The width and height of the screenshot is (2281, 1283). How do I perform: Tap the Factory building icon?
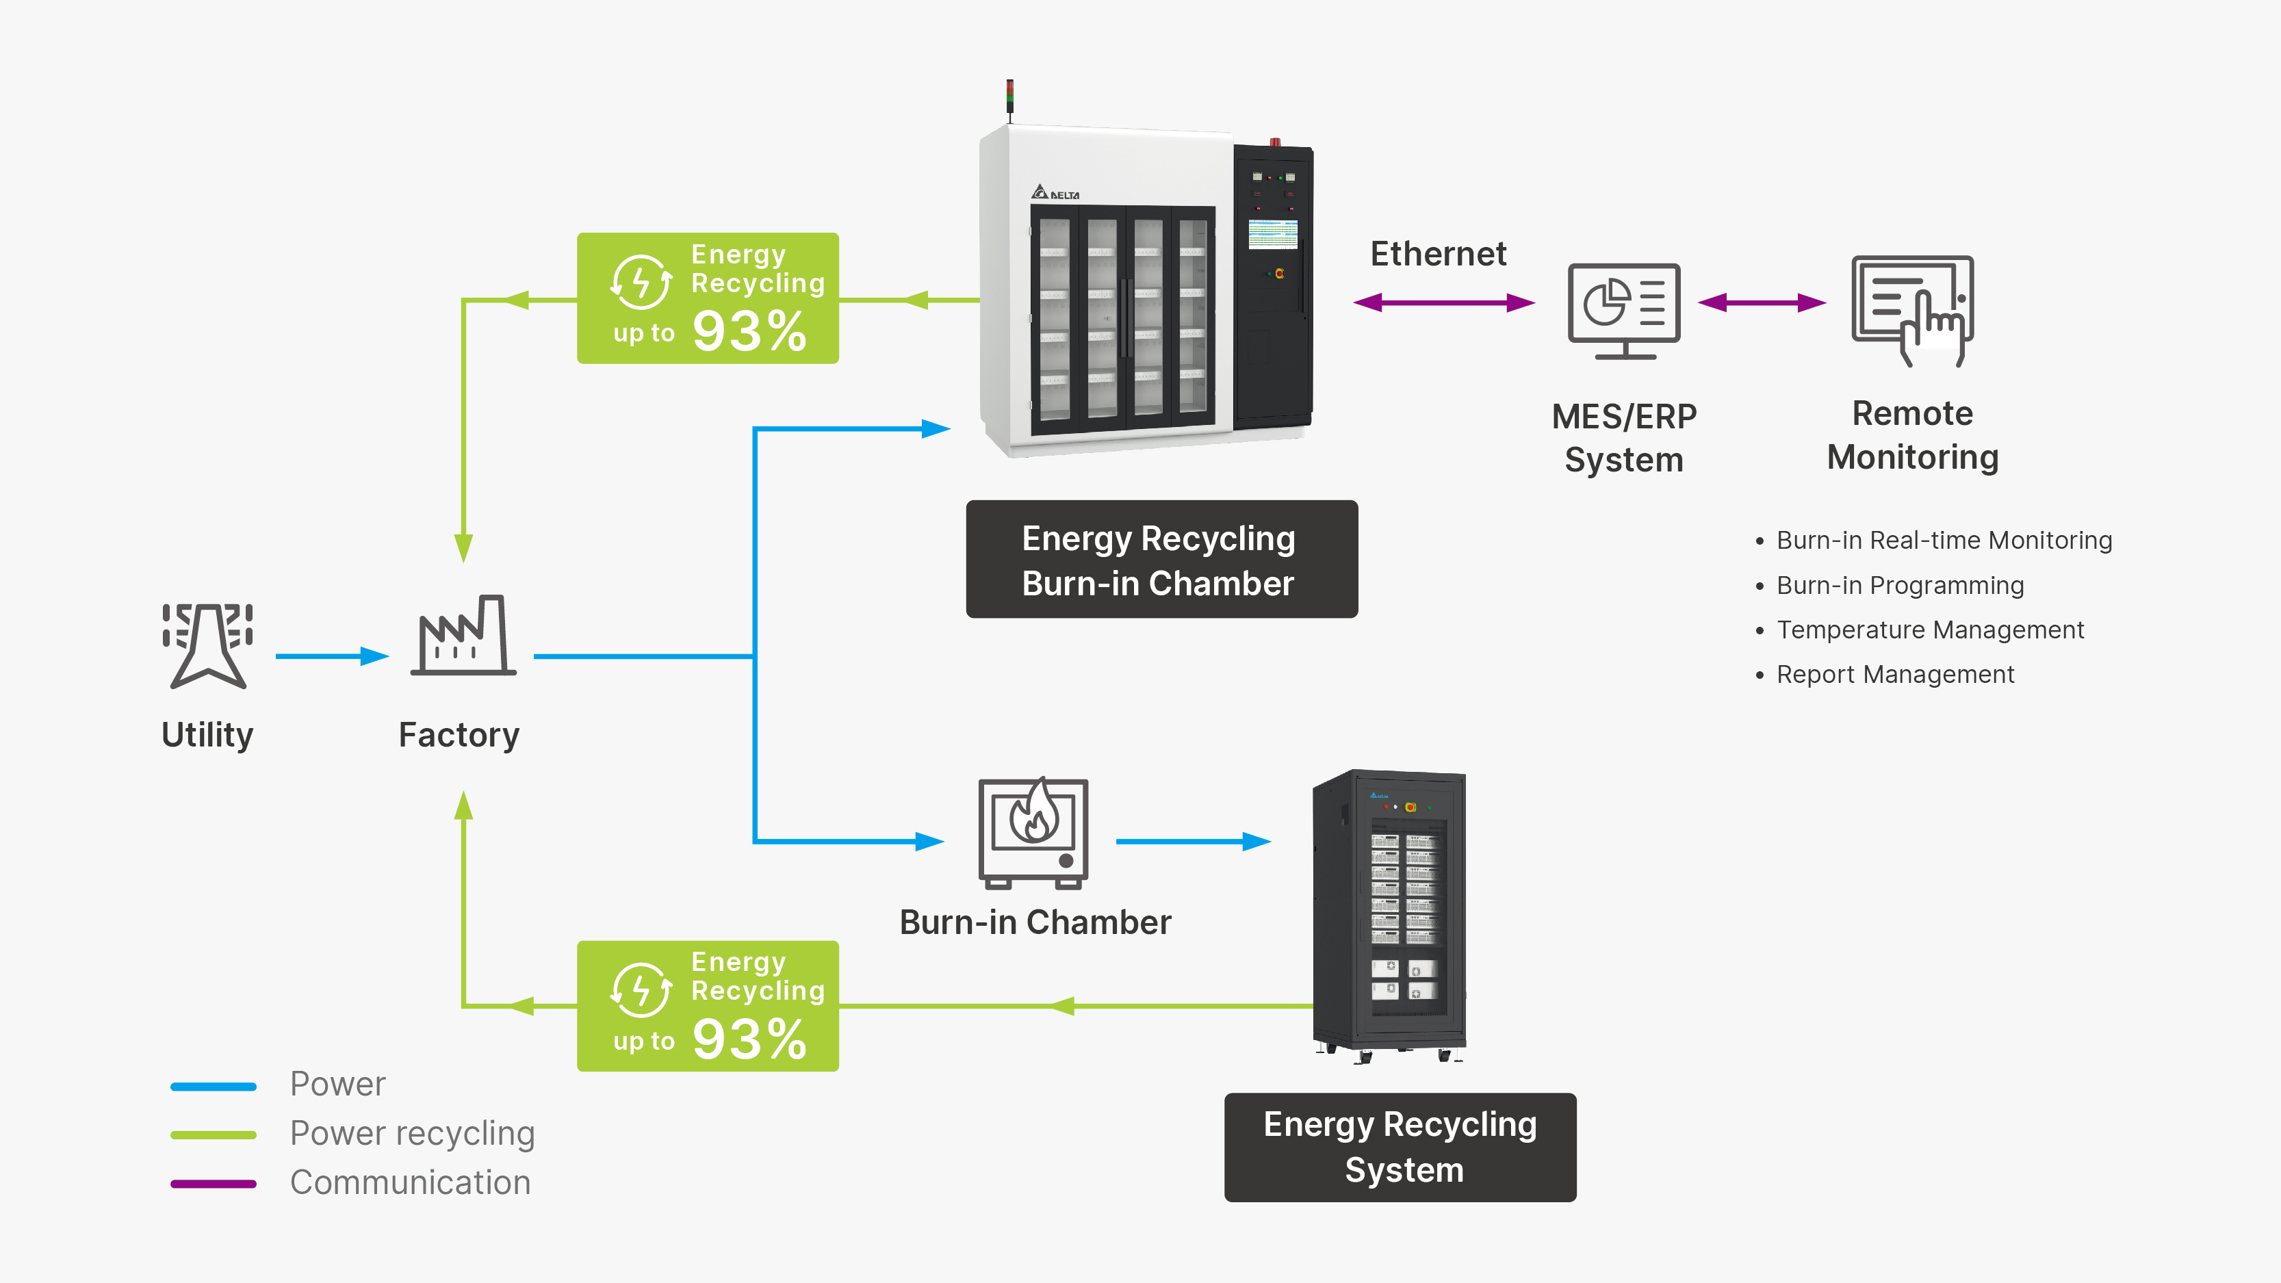(463, 635)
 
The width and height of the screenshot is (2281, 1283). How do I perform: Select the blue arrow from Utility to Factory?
(332, 656)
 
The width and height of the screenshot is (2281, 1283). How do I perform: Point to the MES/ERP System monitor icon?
(1624, 311)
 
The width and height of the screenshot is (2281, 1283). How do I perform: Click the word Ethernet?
(1438, 254)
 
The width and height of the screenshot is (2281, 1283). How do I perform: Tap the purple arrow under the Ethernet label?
(1444, 303)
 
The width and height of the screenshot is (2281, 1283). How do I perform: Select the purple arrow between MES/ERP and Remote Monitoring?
(1762, 303)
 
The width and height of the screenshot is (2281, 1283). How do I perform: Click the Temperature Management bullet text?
(1931, 630)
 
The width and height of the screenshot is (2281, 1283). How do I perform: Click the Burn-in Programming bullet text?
(1900, 585)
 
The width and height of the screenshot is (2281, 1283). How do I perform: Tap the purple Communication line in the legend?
(214, 1184)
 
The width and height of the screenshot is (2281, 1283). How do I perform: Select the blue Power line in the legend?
(214, 1087)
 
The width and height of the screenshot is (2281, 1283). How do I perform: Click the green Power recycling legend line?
(214, 1135)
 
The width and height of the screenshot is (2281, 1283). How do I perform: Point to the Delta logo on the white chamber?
(1055, 192)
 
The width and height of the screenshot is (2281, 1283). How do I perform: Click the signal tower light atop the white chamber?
(1009, 97)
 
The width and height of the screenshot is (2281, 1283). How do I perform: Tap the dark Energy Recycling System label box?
(1400, 1148)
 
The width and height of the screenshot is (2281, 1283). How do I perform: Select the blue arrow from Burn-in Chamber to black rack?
(1194, 841)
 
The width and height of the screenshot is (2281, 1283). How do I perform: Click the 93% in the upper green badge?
(749, 331)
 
